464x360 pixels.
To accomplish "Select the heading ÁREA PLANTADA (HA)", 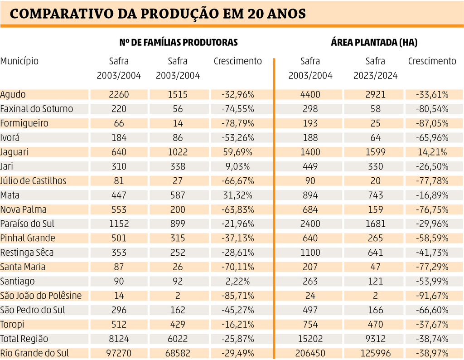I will pyautogui.click(x=374, y=43).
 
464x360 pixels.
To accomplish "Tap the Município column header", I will pyautogui.click(x=19, y=61).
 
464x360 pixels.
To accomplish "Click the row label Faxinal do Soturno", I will pyautogui.click(x=37, y=109).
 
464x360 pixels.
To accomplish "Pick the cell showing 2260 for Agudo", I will pyautogui.click(x=119, y=95).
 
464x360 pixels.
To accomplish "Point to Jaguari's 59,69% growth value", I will pyautogui.click(x=237, y=152).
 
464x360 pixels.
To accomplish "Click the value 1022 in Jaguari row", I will pyautogui.click(x=178, y=152).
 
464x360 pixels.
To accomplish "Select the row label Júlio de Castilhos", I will pyautogui.click(x=33, y=181).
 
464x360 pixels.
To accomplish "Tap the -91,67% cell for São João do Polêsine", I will pyautogui.click(x=432, y=296).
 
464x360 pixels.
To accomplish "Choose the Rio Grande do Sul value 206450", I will pyautogui.click(x=310, y=353).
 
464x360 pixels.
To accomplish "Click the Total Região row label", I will pyautogui.click(x=24, y=339).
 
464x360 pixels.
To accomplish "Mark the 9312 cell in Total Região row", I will pyautogui.click(x=375, y=339).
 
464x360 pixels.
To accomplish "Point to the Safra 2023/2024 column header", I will pyautogui.click(x=375, y=68).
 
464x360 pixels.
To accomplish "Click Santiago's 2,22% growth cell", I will pyautogui.click(x=237, y=282).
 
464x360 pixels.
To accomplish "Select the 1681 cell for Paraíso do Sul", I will pyautogui.click(x=375, y=224).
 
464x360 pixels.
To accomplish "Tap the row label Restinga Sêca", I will pyautogui.click(x=27, y=253).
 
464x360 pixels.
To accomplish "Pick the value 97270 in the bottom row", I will pyautogui.click(x=119, y=353).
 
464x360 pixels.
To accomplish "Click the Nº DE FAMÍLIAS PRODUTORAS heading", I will pyautogui.click(x=179, y=43).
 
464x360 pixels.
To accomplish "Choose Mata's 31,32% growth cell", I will pyautogui.click(x=237, y=195).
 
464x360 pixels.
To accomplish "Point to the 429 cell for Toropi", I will pyautogui.click(x=178, y=325).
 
